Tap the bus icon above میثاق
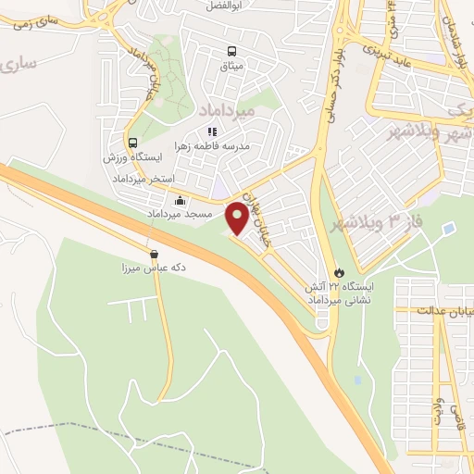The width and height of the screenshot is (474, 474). pyautogui.click(x=231, y=53)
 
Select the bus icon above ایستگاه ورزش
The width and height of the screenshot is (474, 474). pyautogui.click(x=133, y=143)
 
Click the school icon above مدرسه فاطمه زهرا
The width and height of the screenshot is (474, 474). pyautogui.click(x=212, y=131)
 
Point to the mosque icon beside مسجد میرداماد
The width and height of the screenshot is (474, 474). pyautogui.click(x=179, y=200)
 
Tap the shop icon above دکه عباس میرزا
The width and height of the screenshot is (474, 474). pyautogui.click(x=154, y=253)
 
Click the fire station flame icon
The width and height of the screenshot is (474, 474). pyautogui.click(x=340, y=272)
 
